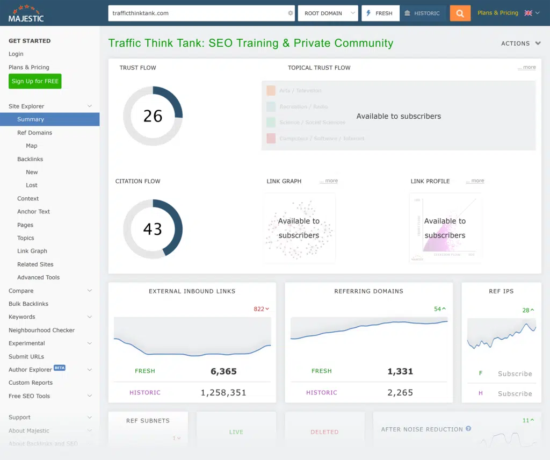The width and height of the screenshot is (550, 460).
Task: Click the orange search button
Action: (460, 13)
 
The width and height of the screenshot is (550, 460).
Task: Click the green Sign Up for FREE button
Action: (35, 81)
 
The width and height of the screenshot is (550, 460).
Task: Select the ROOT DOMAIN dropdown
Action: (328, 13)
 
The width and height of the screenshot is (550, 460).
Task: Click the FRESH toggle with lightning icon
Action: (380, 13)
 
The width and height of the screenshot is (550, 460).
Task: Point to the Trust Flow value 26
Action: (153, 116)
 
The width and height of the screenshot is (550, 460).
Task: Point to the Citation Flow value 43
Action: (153, 229)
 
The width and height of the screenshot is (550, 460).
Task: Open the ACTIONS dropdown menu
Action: (520, 44)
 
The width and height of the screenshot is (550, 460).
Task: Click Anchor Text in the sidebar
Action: (33, 212)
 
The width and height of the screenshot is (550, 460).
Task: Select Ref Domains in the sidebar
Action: (34, 133)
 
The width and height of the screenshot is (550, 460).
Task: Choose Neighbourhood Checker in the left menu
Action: (41, 330)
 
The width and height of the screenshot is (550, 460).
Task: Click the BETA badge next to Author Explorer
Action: (60, 368)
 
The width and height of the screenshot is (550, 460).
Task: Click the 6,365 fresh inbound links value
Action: (223, 371)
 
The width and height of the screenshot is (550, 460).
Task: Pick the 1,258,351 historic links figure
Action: (223, 393)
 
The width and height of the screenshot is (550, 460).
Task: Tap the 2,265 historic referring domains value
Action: (400, 393)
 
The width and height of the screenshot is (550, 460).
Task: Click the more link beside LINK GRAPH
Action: (329, 181)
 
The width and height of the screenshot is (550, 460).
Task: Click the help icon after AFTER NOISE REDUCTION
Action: (468, 429)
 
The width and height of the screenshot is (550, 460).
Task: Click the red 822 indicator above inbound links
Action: (261, 309)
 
